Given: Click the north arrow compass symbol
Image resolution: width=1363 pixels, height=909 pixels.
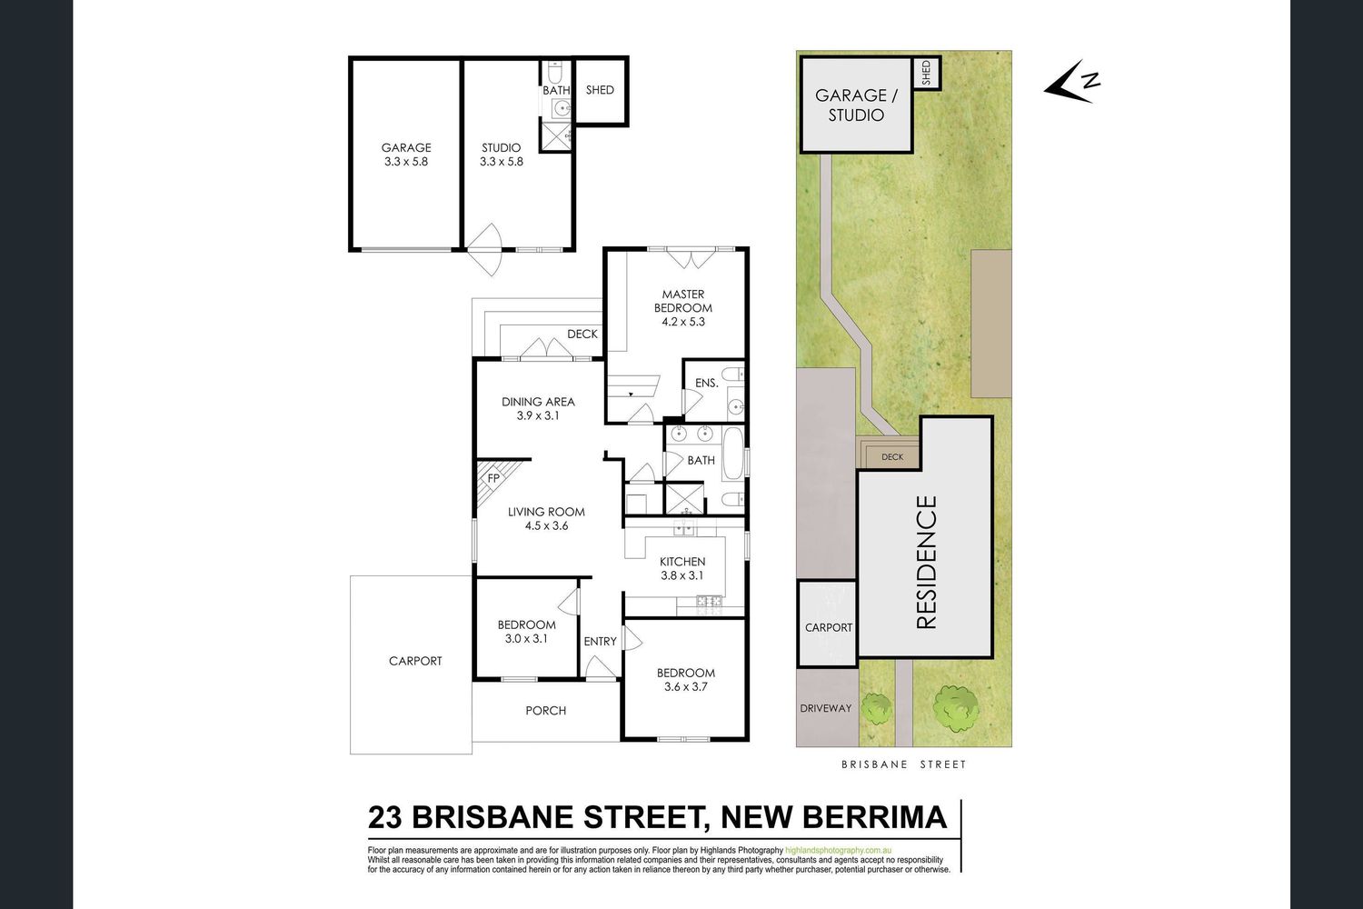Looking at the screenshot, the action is [1071, 82].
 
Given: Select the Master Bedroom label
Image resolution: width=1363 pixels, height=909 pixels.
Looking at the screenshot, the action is [683, 301].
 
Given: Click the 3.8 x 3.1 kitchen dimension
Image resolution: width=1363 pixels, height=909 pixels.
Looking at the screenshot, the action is [682, 575].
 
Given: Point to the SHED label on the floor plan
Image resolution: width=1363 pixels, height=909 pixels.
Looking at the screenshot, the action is [600, 90].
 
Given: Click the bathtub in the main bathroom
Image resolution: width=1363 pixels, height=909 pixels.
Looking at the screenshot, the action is [732, 460].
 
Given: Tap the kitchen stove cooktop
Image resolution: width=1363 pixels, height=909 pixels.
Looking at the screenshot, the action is [709, 602].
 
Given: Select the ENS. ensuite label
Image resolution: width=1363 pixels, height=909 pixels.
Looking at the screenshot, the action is [707, 383].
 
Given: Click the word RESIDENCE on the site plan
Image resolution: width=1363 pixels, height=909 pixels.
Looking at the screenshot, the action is [926, 562].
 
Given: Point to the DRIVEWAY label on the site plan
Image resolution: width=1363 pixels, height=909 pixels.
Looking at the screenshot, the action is [826, 708].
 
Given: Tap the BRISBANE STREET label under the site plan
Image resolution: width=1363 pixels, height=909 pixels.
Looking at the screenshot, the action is [903, 764].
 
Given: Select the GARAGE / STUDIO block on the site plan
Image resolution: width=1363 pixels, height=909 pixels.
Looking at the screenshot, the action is [856, 105].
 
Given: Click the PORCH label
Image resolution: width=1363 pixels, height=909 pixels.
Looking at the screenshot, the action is [546, 711].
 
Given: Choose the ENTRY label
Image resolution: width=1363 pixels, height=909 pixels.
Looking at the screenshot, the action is [600, 641].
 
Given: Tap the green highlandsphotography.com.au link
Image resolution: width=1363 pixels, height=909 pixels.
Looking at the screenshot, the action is [839, 850].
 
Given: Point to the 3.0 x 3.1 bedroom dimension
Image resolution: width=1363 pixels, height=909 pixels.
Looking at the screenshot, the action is [526, 639].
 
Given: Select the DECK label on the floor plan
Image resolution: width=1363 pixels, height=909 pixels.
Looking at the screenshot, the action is [582, 335].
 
